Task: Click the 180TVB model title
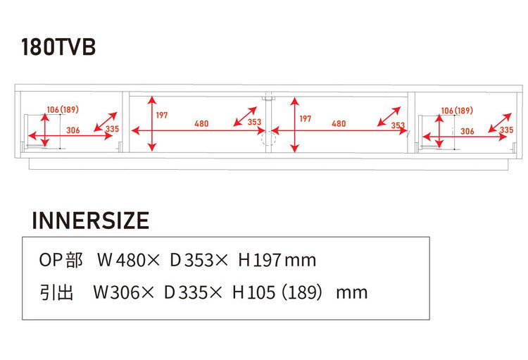click(x=58, y=46)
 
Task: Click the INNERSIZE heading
click(x=91, y=221)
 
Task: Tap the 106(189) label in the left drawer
click(x=63, y=110)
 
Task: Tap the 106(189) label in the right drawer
click(x=457, y=111)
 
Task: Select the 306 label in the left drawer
click(x=73, y=130)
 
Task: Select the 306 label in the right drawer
click(x=467, y=131)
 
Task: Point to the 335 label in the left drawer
click(x=112, y=129)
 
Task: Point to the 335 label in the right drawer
click(x=506, y=130)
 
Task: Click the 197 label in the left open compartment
click(x=162, y=116)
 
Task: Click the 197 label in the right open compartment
click(x=306, y=118)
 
